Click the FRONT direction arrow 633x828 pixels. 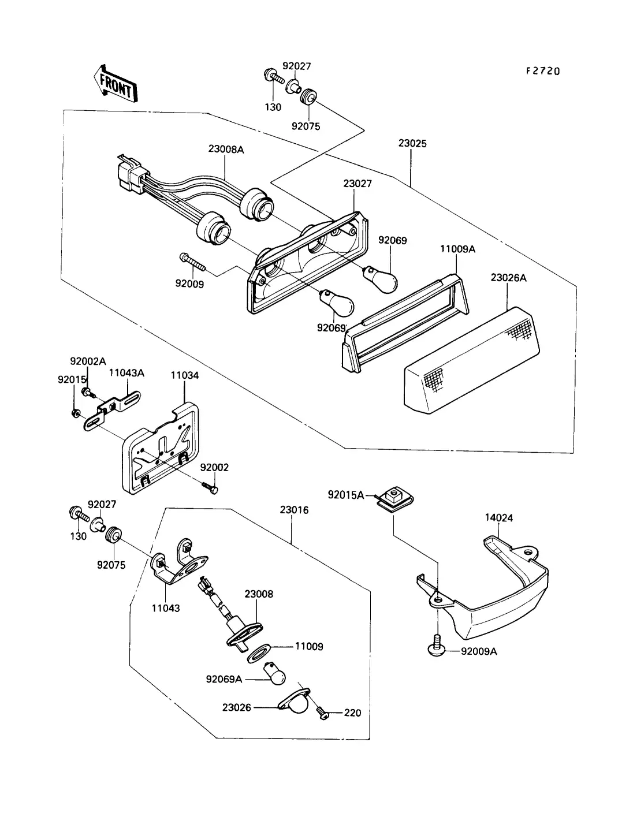tap(116, 84)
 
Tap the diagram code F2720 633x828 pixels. tap(543, 71)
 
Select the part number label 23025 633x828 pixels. tap(412, 143)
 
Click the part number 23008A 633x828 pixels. tap(226, 150)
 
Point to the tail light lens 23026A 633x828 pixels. tap(471, 360)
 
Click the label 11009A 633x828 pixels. tap(457, 249)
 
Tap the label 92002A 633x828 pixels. tap(88, 361)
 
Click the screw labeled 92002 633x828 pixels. tap(210, 487)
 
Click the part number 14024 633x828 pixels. tap(498, 517)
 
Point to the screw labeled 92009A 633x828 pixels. tap(437, 646)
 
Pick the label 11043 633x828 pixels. tap(166, 608)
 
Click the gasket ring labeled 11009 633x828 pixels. tap(258, 654)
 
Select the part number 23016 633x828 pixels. tap(294, 510)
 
